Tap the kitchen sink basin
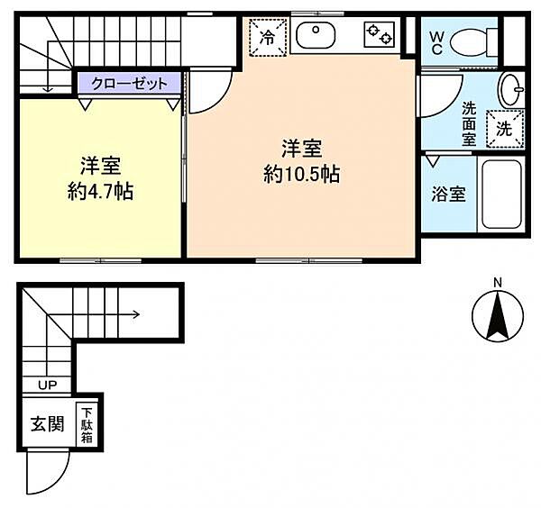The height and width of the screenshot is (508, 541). click(316, 35)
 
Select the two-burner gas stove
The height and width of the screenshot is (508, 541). click(379, 34)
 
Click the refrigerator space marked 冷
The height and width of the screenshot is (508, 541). click(268, 37)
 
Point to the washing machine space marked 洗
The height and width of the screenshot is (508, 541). click(505, 129)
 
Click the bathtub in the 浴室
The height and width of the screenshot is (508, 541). click(501, 195)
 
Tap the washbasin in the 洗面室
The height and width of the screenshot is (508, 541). click(511, 89)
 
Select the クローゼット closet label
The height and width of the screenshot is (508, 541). click(130, 84)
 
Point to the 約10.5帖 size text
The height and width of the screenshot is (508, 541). click(302, 174)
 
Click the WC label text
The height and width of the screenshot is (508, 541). click(436, 42)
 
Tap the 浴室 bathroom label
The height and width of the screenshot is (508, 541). click(448, 195)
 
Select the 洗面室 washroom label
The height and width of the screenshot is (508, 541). click(469, 123)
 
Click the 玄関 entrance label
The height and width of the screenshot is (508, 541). click(48, 424)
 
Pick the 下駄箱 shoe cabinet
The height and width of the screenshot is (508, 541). click(87, 424)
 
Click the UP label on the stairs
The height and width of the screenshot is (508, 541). click(48, 385)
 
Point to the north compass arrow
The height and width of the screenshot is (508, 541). click(498, 315)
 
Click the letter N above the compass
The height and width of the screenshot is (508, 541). click(498, 284)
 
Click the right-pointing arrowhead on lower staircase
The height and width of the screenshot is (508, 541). click(137, 314)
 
